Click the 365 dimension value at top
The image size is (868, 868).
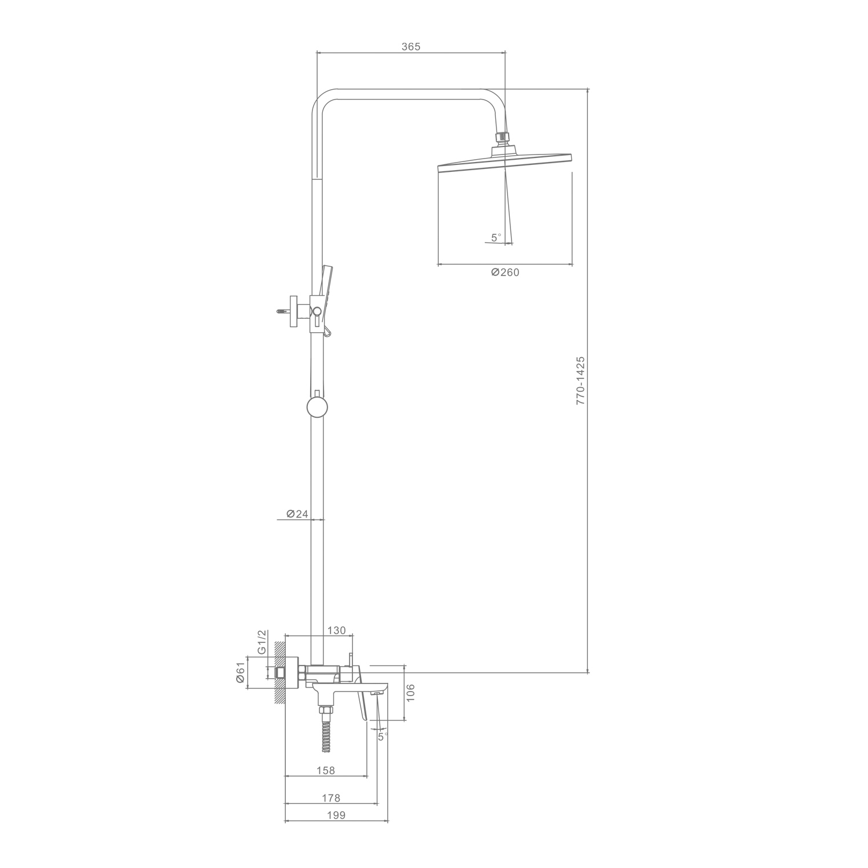point(411,47)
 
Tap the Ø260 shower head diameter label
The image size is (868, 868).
point(505,273)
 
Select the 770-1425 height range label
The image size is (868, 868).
point(581,380)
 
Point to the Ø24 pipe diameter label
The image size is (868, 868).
point(297,514)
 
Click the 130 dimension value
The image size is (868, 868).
point(336,630)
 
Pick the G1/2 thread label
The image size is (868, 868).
point(262,642)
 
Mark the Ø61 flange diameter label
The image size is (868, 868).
point(241,673)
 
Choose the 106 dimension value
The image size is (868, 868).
point(411,692)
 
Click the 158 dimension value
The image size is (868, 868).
point(326,770)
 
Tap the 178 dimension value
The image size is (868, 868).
point(331,798)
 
